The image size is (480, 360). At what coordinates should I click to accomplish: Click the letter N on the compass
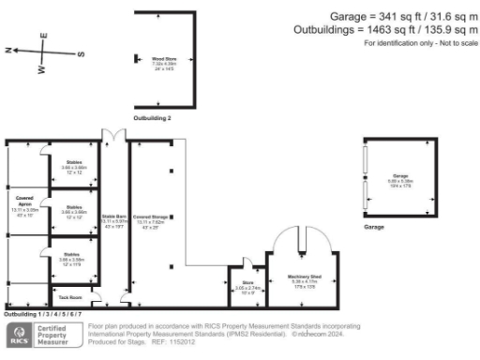point(8,51)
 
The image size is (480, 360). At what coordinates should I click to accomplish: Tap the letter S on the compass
point(81,53)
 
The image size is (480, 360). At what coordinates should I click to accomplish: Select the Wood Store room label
point(165,63)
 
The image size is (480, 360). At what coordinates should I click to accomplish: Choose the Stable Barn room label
point(114,223)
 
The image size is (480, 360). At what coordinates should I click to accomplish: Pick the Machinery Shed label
point(306,279)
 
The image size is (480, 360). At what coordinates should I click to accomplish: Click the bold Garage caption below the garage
point(376,227)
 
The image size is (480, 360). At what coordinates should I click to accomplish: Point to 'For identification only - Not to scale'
point(418,43)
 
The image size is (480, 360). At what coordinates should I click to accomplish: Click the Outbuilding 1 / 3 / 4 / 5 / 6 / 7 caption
point(41,315)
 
